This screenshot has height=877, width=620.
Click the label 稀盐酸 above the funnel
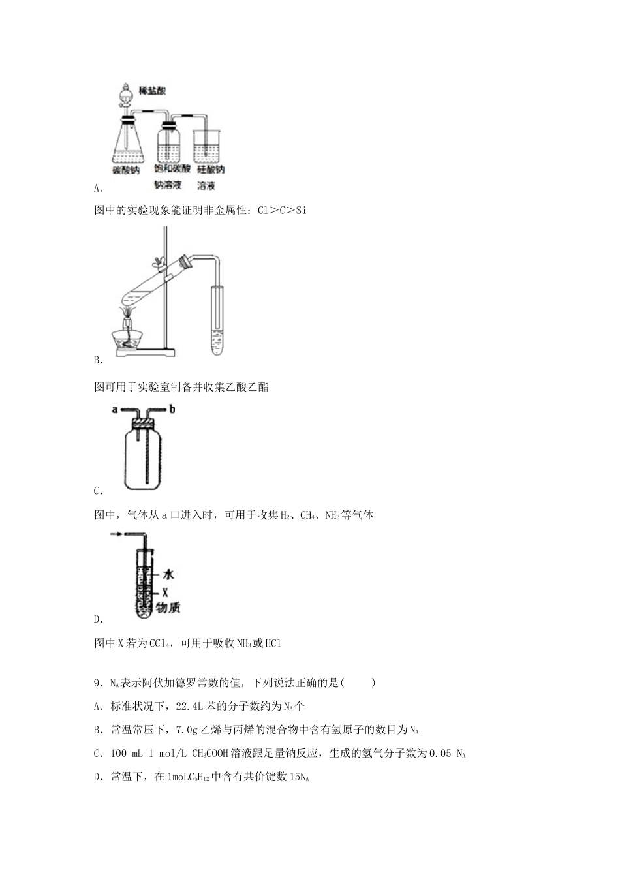[x=153, y=90]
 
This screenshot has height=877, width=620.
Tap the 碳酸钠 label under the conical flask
[x=127, y=170]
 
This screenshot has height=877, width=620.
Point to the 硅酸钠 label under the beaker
[x=210, y=170]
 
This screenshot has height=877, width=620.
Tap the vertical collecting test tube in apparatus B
[x=217, y=320]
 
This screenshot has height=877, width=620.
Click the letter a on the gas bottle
[x=115, y=410]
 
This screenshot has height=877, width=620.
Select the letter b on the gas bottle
[x=172, y=410]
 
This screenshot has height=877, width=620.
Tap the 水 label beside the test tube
[x=168, y=575]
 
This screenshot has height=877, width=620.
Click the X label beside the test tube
[x=165, y=592]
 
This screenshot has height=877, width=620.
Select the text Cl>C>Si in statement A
[x=282, y=210]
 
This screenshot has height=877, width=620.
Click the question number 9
[x=97, y=683]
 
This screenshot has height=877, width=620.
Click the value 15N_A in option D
[x=298, y=777]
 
